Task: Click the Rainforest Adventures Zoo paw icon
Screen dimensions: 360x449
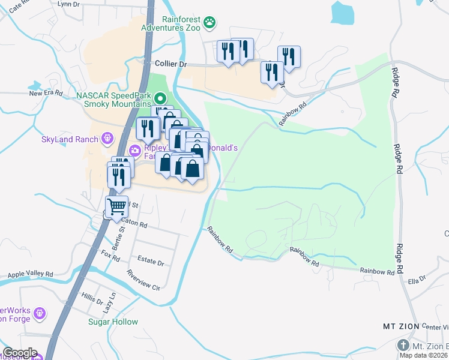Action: click(209, 23)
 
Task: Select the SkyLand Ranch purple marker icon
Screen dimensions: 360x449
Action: click(108, 139)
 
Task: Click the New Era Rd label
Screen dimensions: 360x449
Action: click(46, 93)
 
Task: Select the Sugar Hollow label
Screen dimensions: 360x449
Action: click(113, 322)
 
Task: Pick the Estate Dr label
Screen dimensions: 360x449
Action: click(151, 262)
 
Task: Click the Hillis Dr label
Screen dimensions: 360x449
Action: click(93, 298)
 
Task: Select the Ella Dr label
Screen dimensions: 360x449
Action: click(416, 279)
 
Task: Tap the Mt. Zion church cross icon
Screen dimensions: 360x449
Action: click(403, 346)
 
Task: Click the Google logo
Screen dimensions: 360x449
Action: click(20, 353)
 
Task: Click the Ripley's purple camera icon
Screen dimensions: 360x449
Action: click(136, 150)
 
